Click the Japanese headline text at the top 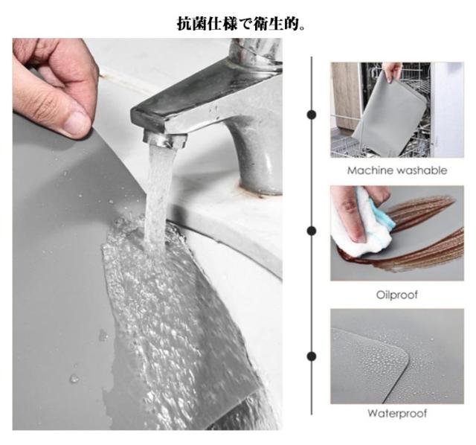241,24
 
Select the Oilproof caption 397,295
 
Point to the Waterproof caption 397,414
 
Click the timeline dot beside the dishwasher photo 312,115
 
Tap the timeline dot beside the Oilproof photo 312,231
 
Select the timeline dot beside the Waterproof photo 312,356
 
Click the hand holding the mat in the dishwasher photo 392,71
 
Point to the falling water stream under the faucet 158,197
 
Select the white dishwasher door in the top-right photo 447,109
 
